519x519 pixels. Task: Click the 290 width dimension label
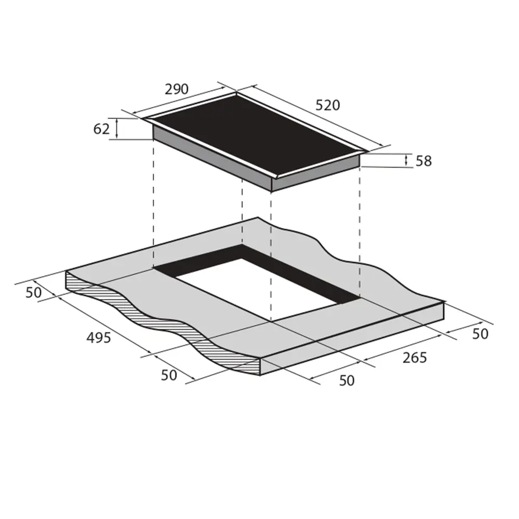pos(176,90)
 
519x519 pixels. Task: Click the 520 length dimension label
pos(327,105)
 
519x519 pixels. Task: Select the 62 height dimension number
pos(102,129)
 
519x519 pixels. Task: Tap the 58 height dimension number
pos(424,161)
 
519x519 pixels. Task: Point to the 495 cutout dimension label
pos(99,338)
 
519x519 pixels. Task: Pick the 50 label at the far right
pos(480,334)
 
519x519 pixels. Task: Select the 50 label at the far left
pos(33,293)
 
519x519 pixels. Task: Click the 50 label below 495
pos(169,375)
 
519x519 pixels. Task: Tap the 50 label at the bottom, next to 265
pos(346,380)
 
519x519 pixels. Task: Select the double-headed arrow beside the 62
pos(117,128)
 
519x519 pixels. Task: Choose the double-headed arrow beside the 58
pos(406,160)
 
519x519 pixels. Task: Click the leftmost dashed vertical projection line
pos(154,208)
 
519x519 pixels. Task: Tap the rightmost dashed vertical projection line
pos(360,228)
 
